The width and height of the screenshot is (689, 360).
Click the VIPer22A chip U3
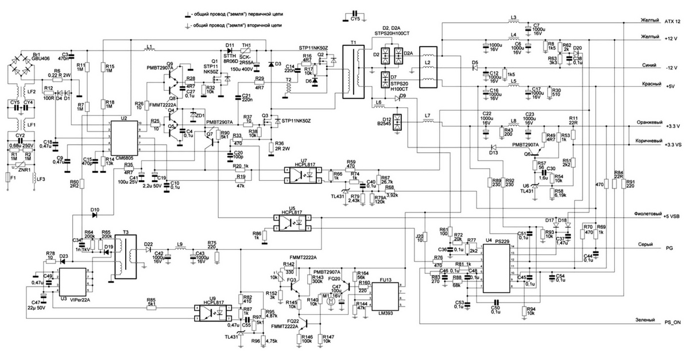[72, 282]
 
